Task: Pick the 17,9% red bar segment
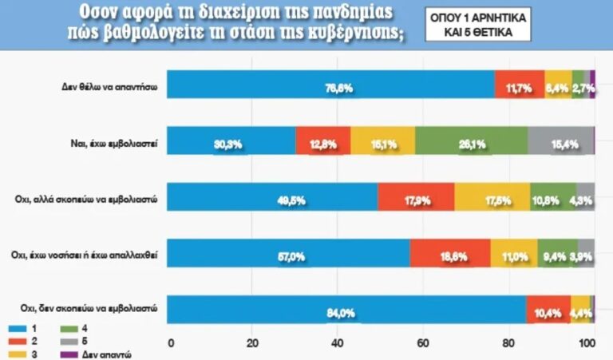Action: click(x=416, y=196)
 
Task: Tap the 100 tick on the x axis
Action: click(x=588, y=344)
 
